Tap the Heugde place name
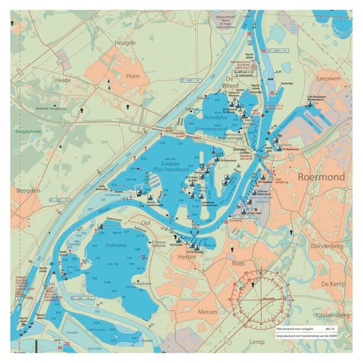coord(125,42)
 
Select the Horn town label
coord(132,76)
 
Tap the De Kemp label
coord(333,284)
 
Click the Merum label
coord(208,312)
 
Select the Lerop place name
coord(256,342)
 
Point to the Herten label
coord(188,257)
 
